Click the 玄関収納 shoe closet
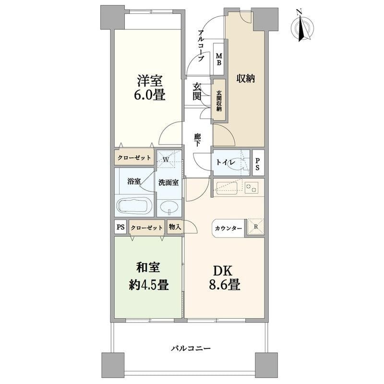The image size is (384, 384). (219, 101)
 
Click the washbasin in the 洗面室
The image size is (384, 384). (168, 207)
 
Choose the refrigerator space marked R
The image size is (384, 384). (254, 228)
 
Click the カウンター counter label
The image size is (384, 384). (228, 228)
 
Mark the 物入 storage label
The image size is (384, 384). (174, 228)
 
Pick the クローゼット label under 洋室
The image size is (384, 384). (133, 157)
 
